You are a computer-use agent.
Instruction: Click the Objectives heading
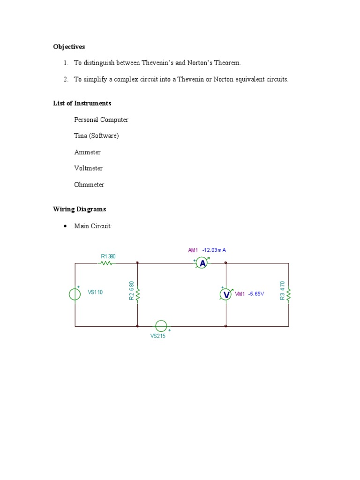[69, 47]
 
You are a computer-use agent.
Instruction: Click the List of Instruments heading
[82, 103]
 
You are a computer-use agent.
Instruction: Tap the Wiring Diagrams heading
[79, 209]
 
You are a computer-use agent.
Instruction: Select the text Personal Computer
[101, 120]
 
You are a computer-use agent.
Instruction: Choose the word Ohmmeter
[89, 185]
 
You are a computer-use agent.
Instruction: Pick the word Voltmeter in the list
[88, 168]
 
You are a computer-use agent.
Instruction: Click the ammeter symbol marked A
[202, 263]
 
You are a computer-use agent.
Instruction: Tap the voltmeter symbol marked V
[226, 294]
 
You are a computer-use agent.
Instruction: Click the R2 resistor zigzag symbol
[137, 294]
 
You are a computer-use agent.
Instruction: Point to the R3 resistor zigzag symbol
[288, 294]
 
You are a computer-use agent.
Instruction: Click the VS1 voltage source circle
[75, 294]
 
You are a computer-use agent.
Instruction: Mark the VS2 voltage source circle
[161, 326]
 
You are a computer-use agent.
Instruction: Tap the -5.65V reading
[256, 294]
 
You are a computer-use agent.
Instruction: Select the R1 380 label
[108, 256]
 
